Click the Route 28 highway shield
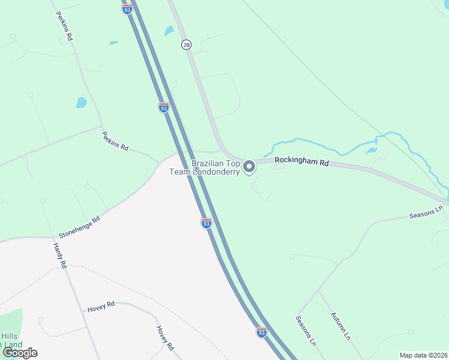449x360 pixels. click(x=186, y=45)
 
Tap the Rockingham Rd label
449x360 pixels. click(x=302, y=162)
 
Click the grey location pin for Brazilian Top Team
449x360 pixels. click(x=249, y=166)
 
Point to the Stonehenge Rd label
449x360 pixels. click(x=79, y=227)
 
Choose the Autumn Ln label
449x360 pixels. click(x=340, y=326)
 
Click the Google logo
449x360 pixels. click(x=19, y=353)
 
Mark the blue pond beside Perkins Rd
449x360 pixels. click(x=82, y=102)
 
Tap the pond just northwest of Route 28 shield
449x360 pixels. click(x=169, y=31)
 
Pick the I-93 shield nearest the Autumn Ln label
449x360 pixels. click(x=261, y=332)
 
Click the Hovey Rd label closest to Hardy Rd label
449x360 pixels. click(x=100, y=306)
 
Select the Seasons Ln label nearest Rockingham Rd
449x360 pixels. click(x=426, y=212)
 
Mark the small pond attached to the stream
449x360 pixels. click(x=372, y=149)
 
